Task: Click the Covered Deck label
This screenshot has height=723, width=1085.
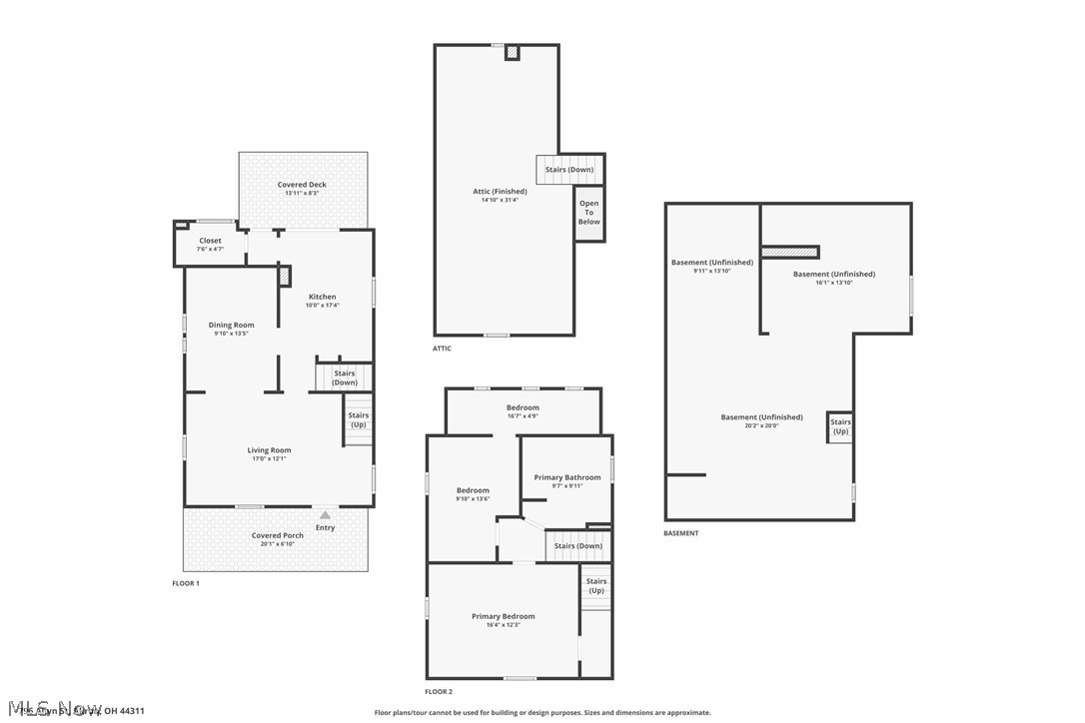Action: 302,185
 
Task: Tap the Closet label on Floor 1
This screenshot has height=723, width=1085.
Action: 210,241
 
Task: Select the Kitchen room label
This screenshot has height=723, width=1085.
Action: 322,297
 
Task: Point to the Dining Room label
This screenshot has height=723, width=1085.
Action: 231,325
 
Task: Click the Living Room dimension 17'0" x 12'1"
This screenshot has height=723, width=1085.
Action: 269,459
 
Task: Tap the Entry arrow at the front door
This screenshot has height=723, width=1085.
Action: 324,515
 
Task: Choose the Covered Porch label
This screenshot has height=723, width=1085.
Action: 277,535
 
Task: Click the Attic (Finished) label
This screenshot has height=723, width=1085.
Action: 500,191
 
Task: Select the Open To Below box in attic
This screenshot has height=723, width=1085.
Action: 589,213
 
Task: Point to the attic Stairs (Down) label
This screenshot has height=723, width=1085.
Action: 569,170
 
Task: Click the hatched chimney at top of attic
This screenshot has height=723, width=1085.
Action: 512,52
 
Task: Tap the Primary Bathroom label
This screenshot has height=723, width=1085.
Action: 567,477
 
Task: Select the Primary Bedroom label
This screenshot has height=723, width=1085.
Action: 503,616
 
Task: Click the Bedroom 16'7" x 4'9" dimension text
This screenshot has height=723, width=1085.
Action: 523,416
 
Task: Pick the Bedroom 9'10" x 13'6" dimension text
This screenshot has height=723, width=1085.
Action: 473,499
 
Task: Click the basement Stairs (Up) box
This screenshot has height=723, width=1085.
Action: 840,426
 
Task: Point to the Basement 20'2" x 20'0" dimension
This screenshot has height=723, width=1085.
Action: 761,426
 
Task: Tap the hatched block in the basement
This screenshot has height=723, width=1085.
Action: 790,252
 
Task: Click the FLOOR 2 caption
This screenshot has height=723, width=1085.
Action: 439,691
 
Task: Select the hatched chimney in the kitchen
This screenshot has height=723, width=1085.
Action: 285,276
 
